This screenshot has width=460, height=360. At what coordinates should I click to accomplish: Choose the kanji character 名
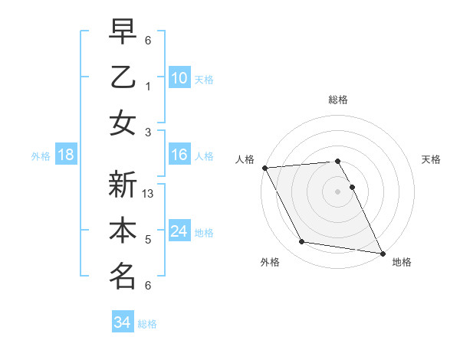click(x=123, y=276)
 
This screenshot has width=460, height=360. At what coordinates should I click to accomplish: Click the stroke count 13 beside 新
click(x=149, y=194)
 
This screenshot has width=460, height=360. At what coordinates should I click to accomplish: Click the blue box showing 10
click(x=179, y=78)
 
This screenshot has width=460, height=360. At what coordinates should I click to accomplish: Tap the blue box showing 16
click(x=179, y=155)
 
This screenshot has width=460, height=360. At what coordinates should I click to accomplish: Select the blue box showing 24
click(x=179, y=231)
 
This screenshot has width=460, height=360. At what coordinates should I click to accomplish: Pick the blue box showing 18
click(x=66, y=155)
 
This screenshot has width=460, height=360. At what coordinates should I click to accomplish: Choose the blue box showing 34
click(x=122, y=322)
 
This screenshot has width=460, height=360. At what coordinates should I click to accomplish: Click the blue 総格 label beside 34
click(x=147, y=324)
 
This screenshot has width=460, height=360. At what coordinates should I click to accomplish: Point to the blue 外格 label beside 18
click(x=41, y=156)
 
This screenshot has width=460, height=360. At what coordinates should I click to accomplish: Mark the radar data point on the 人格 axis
click(x=264, y=168)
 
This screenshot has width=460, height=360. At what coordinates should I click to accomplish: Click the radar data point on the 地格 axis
click(x=382, y=252)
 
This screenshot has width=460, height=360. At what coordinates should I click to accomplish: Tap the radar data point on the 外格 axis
click(x=302, y=242)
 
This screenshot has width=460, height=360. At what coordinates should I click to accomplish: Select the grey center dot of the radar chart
click(x=337, y=191)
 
